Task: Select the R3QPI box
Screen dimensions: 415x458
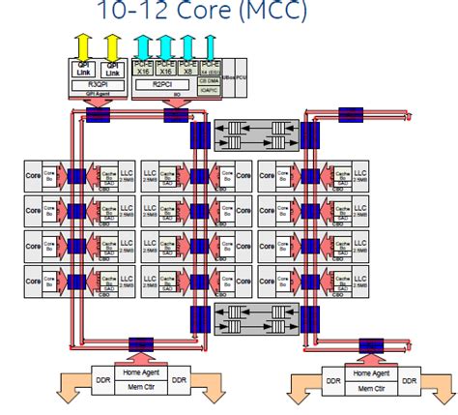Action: click(98, 85)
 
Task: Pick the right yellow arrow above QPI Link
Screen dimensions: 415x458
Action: click(113, 45)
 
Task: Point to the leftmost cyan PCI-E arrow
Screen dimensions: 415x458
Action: click(144, 45)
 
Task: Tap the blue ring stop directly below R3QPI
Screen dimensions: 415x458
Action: click(98, 115)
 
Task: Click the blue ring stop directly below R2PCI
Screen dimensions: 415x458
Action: click(176, 115)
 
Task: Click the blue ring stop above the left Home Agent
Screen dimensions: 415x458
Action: click(141, 342)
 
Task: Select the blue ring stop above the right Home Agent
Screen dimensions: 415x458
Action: click(370, 342)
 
